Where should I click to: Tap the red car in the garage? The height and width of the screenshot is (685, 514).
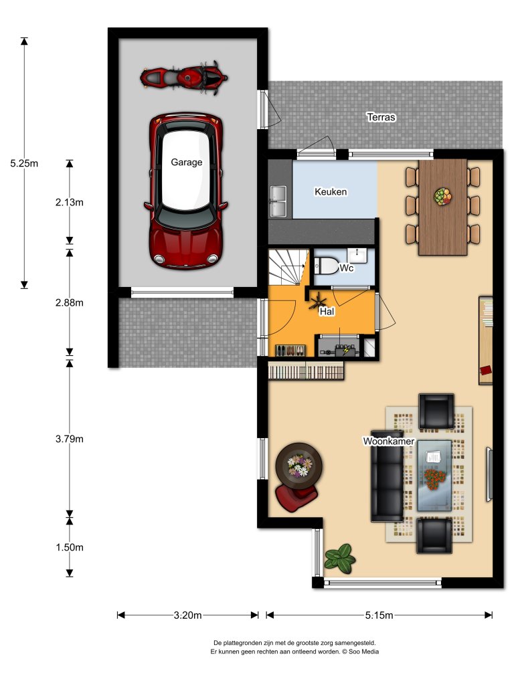[x=185, y=191]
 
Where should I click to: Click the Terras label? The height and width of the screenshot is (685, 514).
[x=381, y=117]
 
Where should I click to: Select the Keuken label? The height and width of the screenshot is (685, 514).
[x=331, y=192]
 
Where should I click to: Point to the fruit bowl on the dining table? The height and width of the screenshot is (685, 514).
[x=442, y=196]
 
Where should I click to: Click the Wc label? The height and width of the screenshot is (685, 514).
[x=347, y=268]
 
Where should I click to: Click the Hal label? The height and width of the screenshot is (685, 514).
[x=327, y=311]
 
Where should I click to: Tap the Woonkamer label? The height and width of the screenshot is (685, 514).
[x=389, y=442]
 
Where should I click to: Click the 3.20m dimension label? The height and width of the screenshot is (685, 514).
[x=188, y=615]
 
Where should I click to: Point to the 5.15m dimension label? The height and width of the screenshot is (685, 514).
[x=379, y=615]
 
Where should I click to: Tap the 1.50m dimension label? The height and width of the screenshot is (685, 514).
[x=70, y=547]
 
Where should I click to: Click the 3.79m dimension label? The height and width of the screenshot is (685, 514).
[x=70, y=439]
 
